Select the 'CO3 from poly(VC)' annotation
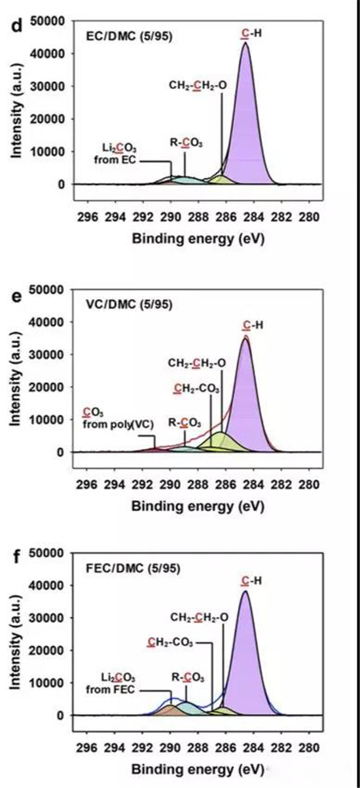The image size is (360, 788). pyautogui.click(x=118, y=418)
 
